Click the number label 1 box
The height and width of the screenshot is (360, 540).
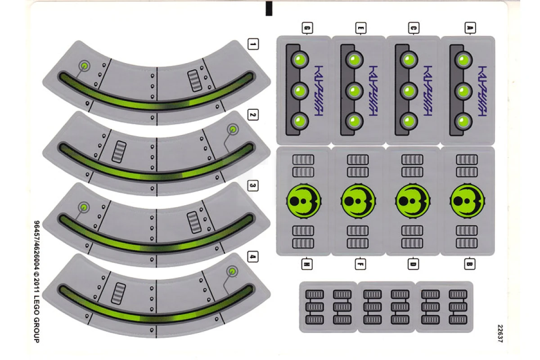253,44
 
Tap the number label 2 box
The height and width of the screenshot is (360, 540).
253,116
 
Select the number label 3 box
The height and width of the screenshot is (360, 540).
253,185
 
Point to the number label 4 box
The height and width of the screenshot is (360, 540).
253,257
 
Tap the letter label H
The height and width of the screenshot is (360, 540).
306,265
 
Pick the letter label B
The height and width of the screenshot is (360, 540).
469,265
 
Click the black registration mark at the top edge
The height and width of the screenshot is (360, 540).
269,8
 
